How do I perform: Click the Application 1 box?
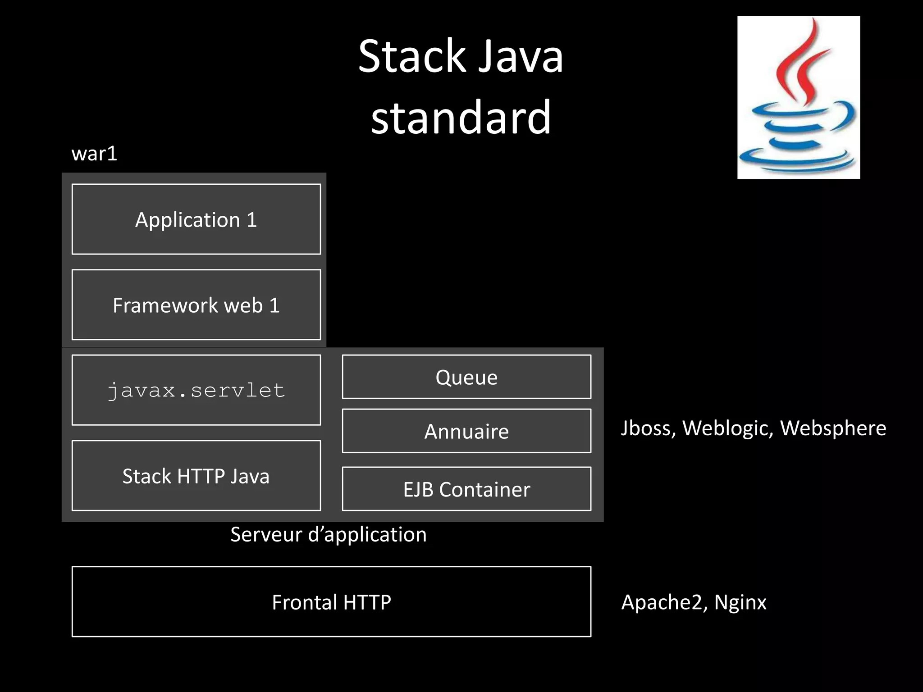pyautogui.click(x=196, y=219)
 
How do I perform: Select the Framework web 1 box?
pyautogui.click(x=196, y=305)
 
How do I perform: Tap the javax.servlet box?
pyautogui.click(x=196, y=390)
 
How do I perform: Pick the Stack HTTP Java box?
pyautogui.click(x=196, y=476)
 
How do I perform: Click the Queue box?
pyautogui.click(x=466, y=377)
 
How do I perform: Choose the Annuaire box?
pyautogui.click(x=466, y=431)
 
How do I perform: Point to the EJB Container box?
pyautogui.click(x=466, y=489)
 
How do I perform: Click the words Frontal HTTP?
pyautogui.click(x=331, y=602)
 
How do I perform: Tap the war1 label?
pyautogui.click(x=94, y=154)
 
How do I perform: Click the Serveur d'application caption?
pyautogui.click(x=328, y=534)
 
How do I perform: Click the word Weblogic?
pyautogui.click(x=727, y=428)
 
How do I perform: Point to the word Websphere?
pyautogui.click(x=833, y=428)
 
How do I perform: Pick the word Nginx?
pyautogui.click(x=740, y=602)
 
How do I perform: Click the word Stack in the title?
pyautogui.click(x=411, y=57)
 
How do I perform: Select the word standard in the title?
pyautogui.click(x=461, y=117)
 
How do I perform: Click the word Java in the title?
pyautogui.click(x=520, y=57)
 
